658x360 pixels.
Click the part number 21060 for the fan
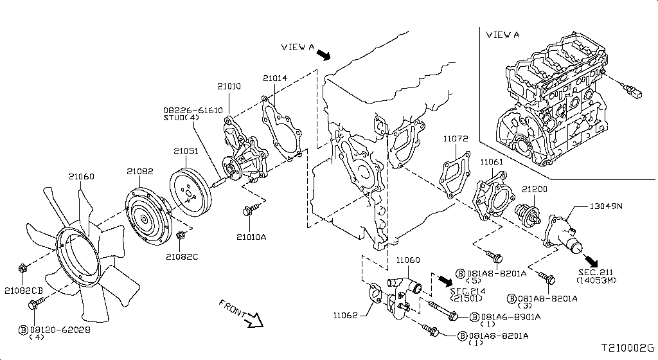pos(81,176)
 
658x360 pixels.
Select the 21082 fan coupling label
pos(139,171)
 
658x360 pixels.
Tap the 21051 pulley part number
pos(186,151)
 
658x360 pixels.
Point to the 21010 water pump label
pos(229,86)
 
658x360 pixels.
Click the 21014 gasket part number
pos(275,78)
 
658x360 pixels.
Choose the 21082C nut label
pos(182,256)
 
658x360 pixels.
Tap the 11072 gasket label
pos(455,138)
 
